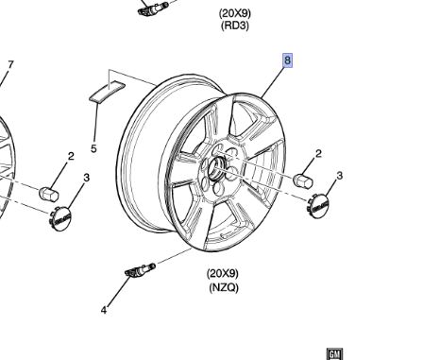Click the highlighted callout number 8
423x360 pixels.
click(x=288, y=60)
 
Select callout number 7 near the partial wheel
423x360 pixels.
click(x=10, y=65)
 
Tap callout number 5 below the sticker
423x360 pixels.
click(x=93, y=148)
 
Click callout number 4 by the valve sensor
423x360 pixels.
click(x=105, y=309)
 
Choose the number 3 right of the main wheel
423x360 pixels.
click(x=339, y=176)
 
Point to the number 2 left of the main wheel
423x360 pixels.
click(x=70, y=157)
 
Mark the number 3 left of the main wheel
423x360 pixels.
click(x=86, y=178)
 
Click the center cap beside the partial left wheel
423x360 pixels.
click(x=60, y=220)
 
